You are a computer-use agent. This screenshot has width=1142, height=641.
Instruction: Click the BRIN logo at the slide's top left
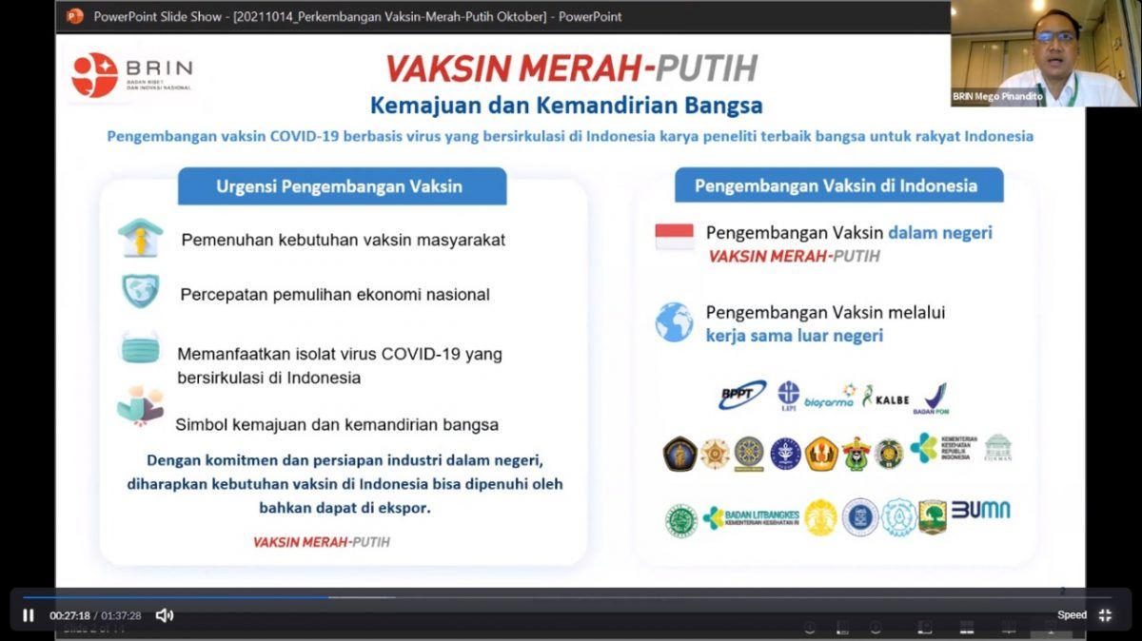pyautogui.click(x=131, y=74)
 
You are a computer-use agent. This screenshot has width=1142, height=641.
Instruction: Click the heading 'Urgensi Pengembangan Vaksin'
pyautogui.click(x=341, y=185)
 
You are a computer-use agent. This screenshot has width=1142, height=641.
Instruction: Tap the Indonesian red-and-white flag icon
pyautogui.click(x=674, y=237)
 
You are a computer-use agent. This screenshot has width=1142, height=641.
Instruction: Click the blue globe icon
pyautogui.click(x=674, y=322)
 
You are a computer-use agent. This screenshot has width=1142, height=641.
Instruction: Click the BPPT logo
pyautogui.click(x=742, y=394)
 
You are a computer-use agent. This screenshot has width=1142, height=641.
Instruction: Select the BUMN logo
pyautogui.click(x=980, y=510)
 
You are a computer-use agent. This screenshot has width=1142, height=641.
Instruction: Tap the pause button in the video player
pyautogui.click(x=28, y=615)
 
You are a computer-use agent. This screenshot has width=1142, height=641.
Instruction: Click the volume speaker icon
pyautogui.click(x=164, y=615)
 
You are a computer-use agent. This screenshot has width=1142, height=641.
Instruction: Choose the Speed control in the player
pyautogui.click(x=1072, y=615)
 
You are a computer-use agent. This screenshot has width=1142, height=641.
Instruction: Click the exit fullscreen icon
pyautogui.click(x=1105, y=615)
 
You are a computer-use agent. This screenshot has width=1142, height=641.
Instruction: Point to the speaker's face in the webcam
pyautogui.click(x=1053, y=37)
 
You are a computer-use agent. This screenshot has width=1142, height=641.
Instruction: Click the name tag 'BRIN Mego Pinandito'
pyautogui.click(x=997, y=96)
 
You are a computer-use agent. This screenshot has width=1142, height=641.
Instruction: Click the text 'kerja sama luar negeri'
pyautogui.click(x=794, y=336)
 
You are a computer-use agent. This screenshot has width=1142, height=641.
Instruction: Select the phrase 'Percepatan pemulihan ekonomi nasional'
pyautogui.click(x=335, y=295)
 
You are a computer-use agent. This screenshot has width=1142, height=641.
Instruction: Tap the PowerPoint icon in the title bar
pyautogui.click(x=75, y=15)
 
